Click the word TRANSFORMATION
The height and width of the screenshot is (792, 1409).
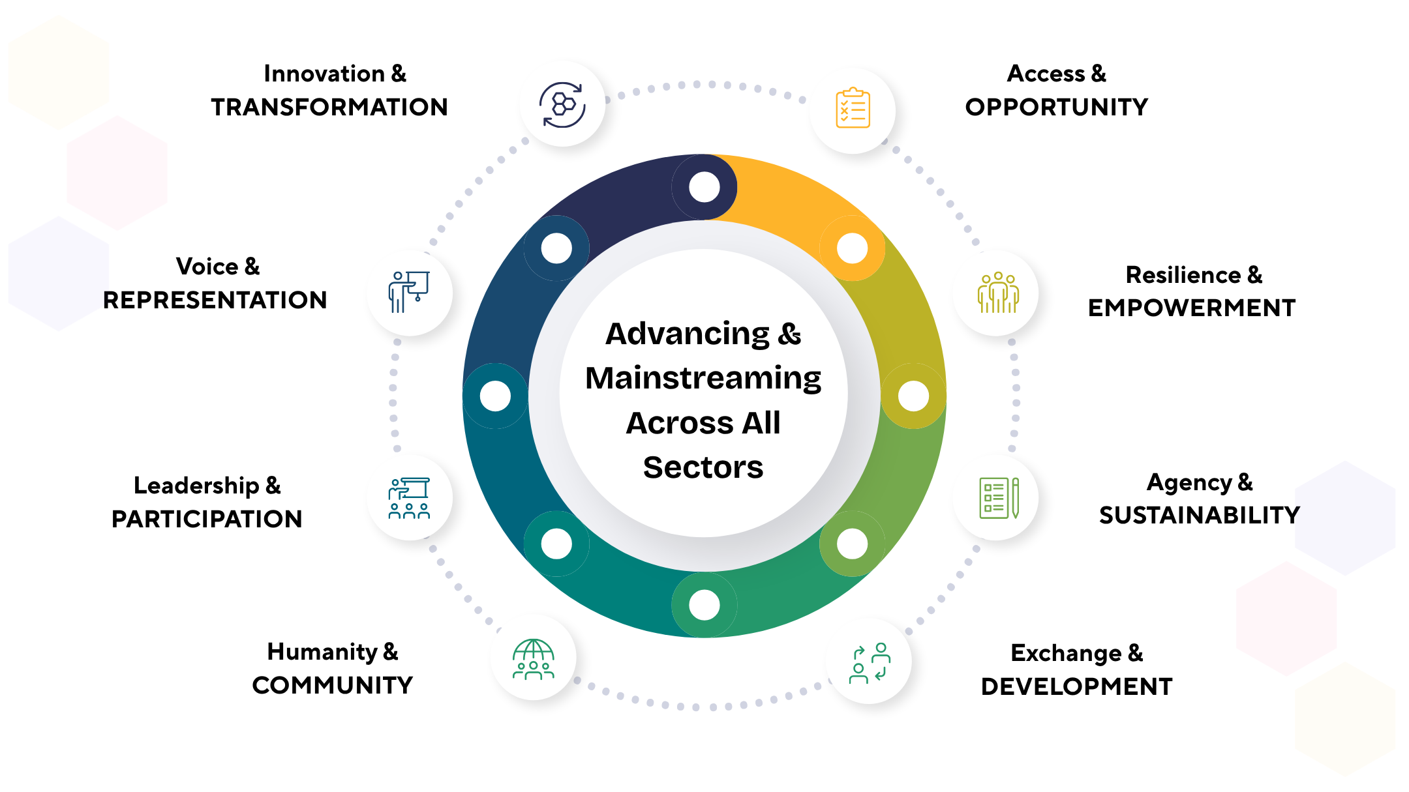pyautogui.click(x=329, y=107)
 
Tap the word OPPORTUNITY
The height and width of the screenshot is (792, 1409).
pyautogui.click(x=1057, y=107)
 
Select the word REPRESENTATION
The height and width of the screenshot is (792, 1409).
pyautogui.click(x=215, y=300)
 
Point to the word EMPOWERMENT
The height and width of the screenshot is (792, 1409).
pyautogui.click(x=1192, y=308)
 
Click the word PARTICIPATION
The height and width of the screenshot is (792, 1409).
pyautogui.click(x=207, y=519)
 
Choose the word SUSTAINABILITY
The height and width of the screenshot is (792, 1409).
pyautogui.click(x=1199, y=515)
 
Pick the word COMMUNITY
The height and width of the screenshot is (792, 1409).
pyautogui.click(x=333, y=685)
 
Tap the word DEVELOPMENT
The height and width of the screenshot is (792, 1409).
pyautogui.click(x=1076, y=686)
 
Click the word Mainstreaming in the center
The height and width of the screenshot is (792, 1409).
pyautogui.click(x=703, y=378)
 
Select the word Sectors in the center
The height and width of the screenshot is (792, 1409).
pyautogui.click(x=703, y=467)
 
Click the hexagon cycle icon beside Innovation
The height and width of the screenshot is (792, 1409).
pyautogui.click(x=562, y=104)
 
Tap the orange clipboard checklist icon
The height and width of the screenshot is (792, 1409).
pyautogui.click(x=853, y=108)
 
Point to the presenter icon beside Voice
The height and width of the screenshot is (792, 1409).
pyautogui.click(x=409, y=292)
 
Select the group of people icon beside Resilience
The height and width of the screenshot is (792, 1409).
pyautogui.click(x=997, y=293)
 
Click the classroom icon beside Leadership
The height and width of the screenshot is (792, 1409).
pyautogui.click(x=409, y=498)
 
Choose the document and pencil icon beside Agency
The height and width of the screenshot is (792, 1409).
pyautogui.click(x=997, y=498)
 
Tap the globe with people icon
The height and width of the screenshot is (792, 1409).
pyautogui.click(x=534, y=659)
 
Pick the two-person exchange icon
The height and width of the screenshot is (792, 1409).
pyautogui.click(x=870, y=662)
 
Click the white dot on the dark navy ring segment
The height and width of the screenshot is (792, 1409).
pyautogui.click(x=704, y=187)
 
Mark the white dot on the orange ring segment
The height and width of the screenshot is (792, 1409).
pyautogui.click(x=852, y=248)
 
